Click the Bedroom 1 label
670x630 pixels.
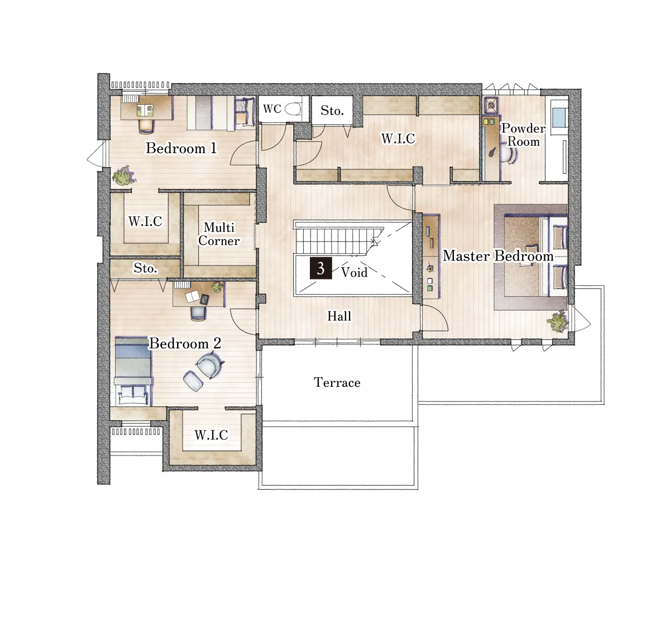(x=181, y=148)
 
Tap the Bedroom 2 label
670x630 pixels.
(x=185, y=344)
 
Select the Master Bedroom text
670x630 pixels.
(x=498, y=255)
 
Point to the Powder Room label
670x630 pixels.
(x=523, y=135)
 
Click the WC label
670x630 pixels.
(x=272, y=109)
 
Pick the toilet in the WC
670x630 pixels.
(x=293, y=109)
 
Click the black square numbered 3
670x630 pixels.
(x=321, y=268)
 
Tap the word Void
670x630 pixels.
(x=354, y=272)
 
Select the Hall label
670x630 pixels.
(x=339, y=316)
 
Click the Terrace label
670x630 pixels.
(x=337, y=382)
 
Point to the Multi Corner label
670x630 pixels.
(x=219, y=234)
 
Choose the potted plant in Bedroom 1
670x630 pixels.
(x=124, y=176)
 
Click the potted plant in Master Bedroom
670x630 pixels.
(x=558, y=321)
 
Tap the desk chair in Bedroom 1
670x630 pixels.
(x=146, y=125)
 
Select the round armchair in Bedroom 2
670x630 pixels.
(x=210, y=365)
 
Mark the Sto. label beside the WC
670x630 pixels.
(x=332, y=111)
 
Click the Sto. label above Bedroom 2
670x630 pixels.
(x=145, y=268)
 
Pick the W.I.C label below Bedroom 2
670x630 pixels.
(x=211, y=435)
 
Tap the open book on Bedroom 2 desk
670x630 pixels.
(x=192, y=297)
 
